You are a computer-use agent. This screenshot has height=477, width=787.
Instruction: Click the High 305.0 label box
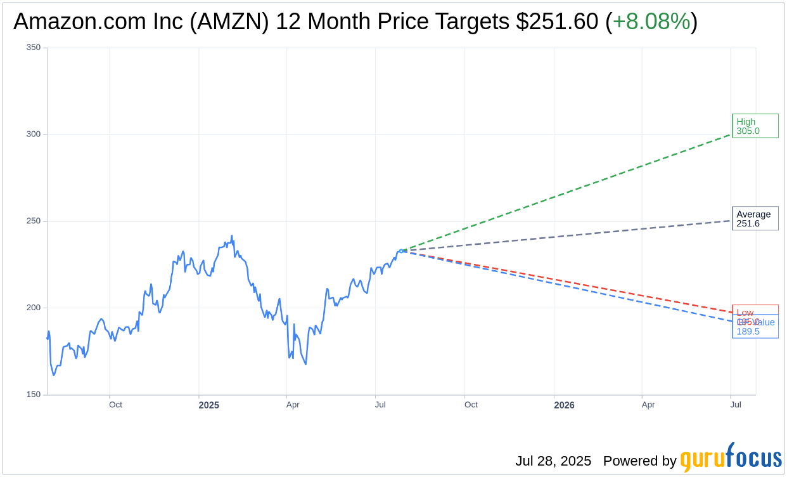(x=755, y=126)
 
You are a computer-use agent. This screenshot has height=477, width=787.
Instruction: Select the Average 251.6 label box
(x=755, y=219)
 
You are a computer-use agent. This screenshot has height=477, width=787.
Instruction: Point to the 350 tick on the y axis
(x=34, y=48)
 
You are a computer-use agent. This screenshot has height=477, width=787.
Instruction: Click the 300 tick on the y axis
(x=34, y=134)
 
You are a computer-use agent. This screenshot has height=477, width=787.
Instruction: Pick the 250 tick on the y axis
(x=34, y=221)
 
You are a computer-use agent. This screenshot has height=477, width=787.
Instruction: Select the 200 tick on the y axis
(x=34, y=308)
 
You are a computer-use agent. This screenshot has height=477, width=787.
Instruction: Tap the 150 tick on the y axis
(x=34, y=395)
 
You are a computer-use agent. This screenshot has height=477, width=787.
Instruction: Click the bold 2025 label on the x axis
(x=208, y=405)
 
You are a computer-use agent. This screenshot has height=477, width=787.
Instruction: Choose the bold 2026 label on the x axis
(x=564, y=405)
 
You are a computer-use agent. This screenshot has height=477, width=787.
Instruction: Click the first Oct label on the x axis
(x=115, y=405)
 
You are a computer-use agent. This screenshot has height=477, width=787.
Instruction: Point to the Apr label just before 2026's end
(x=648, y=405)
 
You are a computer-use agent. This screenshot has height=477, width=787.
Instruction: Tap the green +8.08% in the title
(x=651, y=22)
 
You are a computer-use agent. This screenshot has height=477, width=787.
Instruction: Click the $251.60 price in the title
(x=557, y=22)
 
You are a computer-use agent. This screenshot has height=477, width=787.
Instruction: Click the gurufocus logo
(x=731, y=457)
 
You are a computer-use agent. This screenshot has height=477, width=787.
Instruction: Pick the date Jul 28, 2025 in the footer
(x=553, y=461)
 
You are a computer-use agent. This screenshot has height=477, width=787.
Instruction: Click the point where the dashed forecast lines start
(x=401, y=251)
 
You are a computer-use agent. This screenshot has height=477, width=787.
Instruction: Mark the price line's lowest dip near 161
(x=54, y=375)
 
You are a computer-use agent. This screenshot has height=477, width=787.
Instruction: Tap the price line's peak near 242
(x=231, y=236)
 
